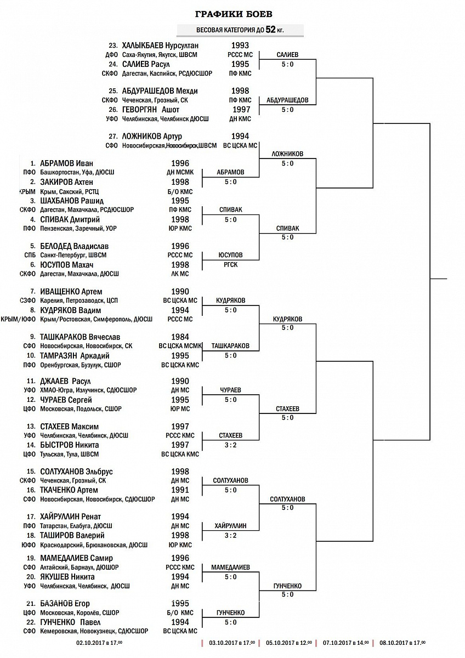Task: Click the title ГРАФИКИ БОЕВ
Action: click(234, 14)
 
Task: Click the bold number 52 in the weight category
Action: click(270, 30)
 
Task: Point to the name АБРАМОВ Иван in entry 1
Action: click(66, 163)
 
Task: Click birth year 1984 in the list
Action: click(180, 337)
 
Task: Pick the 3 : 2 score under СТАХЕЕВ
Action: click(230, 445)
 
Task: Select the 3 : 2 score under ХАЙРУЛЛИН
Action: click(230, 535)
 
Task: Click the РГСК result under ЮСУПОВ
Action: click(230, 265)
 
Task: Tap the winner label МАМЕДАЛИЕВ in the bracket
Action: click(230, 567)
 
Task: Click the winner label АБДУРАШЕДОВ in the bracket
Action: click(287, 100)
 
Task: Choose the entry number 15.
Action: click(31, 472)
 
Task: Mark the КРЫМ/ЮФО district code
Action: click(20, 319)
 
